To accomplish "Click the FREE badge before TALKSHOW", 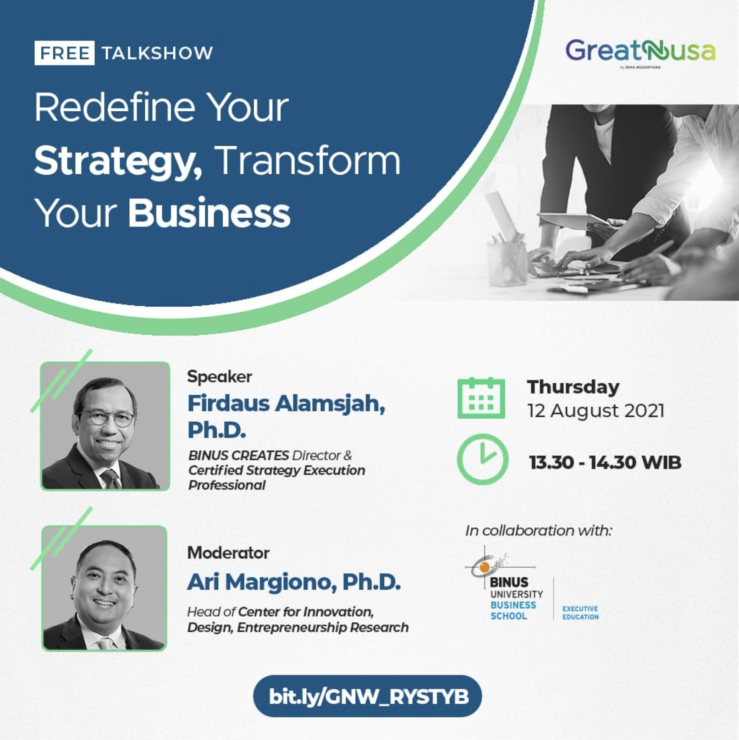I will coord(64,53).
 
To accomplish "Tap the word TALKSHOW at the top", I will coord(157,53).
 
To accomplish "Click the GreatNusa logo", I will coord(640,51).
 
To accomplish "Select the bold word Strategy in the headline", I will coord(117,162).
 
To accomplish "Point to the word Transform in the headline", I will coord(308,161).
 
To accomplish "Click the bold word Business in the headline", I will coord(209,214).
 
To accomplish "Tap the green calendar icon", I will coord(481,398).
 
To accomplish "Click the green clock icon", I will coord(482,459).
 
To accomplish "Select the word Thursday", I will coord(573,387).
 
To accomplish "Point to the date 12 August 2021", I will coord(596,411).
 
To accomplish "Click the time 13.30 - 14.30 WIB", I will coord(605,462).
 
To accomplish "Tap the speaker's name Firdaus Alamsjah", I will coord(286,403).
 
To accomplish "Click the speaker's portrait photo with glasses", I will coord(105,426).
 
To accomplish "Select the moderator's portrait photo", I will coord(105,588).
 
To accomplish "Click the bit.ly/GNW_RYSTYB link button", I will coord(368,696).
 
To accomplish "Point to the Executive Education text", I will coord(580,613).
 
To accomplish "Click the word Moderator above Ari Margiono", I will coord(228,552).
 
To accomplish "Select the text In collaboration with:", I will coord(539,530).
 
